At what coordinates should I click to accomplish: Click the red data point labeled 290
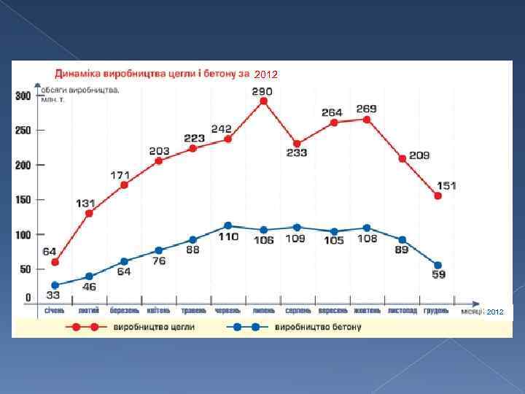(x=263, y=101)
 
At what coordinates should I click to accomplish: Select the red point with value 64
(x=55, y=263)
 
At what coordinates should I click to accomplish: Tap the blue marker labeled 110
(x=227, y=226)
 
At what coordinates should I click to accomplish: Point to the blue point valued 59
(x=437, y=266)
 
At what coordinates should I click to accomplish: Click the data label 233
(x=296, y=153)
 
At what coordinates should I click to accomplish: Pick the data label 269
(x=366, y=109)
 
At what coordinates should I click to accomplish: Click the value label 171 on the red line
(x=121, y=175)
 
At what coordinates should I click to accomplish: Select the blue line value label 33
(x=52, y=295)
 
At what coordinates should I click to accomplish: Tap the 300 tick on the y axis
(x=23, y=96)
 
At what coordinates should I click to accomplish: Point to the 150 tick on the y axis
(x=23, y=200)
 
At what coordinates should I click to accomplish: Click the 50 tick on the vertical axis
(x=25, y=269)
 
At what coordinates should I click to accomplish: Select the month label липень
(x=263, y=310)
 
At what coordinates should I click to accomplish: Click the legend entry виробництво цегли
(x=154, y=327)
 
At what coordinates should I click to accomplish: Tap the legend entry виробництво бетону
(x=317, y=327)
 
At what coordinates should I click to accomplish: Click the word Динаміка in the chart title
(x=79, y=73)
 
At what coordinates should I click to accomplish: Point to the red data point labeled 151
(x=437, y=196)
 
